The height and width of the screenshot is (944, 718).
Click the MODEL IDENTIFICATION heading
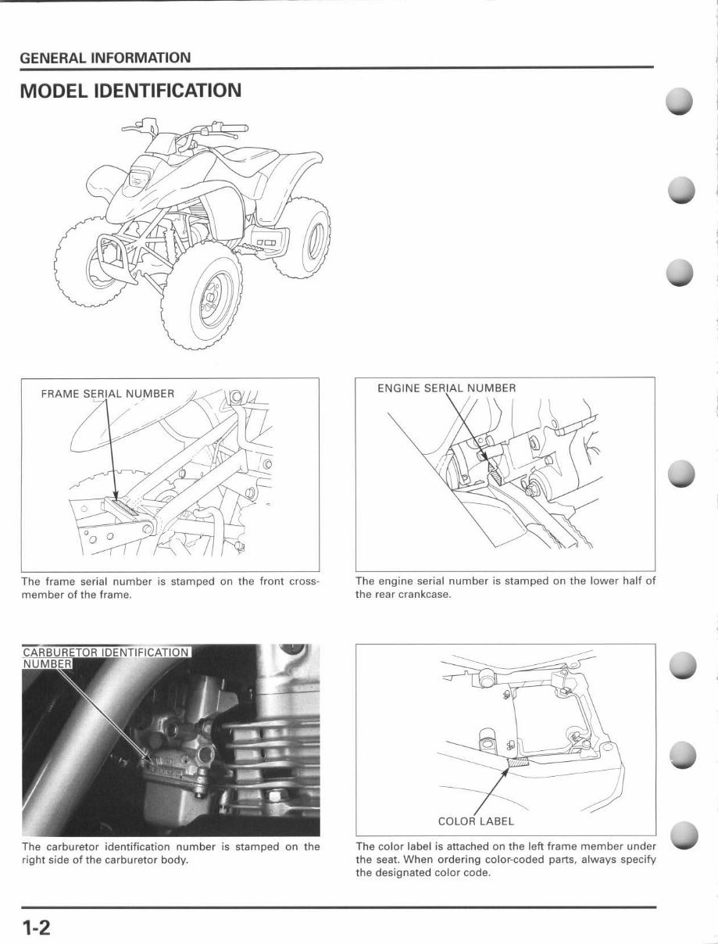130,91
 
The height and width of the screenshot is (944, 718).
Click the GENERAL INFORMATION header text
105,58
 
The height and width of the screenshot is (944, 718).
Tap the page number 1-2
36,928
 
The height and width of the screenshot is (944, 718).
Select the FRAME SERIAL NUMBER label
107,393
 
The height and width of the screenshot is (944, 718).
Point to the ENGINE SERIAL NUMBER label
446,388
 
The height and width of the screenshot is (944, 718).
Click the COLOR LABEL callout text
476,821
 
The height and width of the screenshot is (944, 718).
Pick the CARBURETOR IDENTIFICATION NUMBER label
105,657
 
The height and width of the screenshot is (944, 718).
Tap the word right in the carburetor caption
33,860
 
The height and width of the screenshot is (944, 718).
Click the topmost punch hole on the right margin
680,102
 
